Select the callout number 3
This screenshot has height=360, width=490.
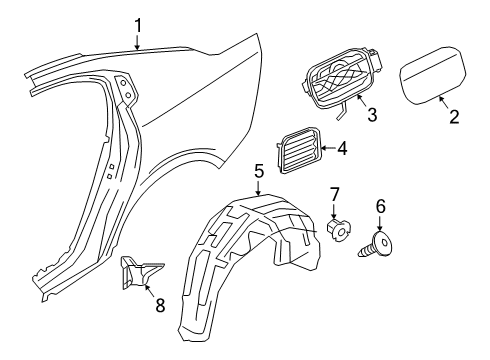click(x=371, y=115)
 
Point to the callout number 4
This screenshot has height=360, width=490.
click(x=342, y=150)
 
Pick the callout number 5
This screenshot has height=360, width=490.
click(x=258, y=171)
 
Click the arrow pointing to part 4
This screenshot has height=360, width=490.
click(x=324, y=151)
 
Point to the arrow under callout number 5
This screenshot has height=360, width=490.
click(x=258, y=188)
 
